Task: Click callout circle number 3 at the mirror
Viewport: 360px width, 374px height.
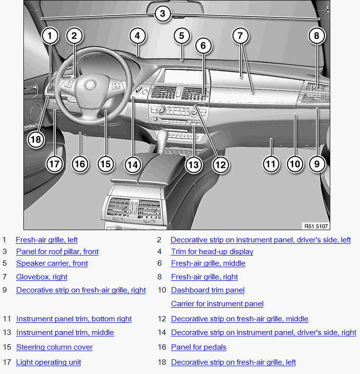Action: [163, 14]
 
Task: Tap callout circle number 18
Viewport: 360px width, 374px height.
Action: [36, 139]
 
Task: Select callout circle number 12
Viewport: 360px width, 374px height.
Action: [220, 165]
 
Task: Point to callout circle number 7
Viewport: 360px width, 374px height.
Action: [240, 36]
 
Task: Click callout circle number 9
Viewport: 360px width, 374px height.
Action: [317, 164]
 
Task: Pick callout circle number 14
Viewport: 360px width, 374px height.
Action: [133, 165]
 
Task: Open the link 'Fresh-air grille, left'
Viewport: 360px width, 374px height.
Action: [47, 240]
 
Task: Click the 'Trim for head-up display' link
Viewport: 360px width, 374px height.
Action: [212, 252]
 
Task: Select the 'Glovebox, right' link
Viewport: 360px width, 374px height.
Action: [42, 276]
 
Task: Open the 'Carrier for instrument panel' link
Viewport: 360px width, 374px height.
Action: [217, 304]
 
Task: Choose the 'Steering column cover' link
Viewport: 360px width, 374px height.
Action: [55, 347]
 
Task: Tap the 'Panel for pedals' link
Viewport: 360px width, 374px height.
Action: [199, 347]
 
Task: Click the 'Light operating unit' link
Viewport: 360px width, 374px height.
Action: [49, 362]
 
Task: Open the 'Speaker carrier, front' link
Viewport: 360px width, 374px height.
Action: [52, 263]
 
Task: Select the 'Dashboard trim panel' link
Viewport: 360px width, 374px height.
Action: [208, 290]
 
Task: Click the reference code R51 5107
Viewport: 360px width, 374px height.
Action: [316, 226]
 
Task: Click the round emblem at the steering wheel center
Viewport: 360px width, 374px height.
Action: [91, 85]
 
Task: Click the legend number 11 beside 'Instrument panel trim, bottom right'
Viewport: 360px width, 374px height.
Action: [7, 319]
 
